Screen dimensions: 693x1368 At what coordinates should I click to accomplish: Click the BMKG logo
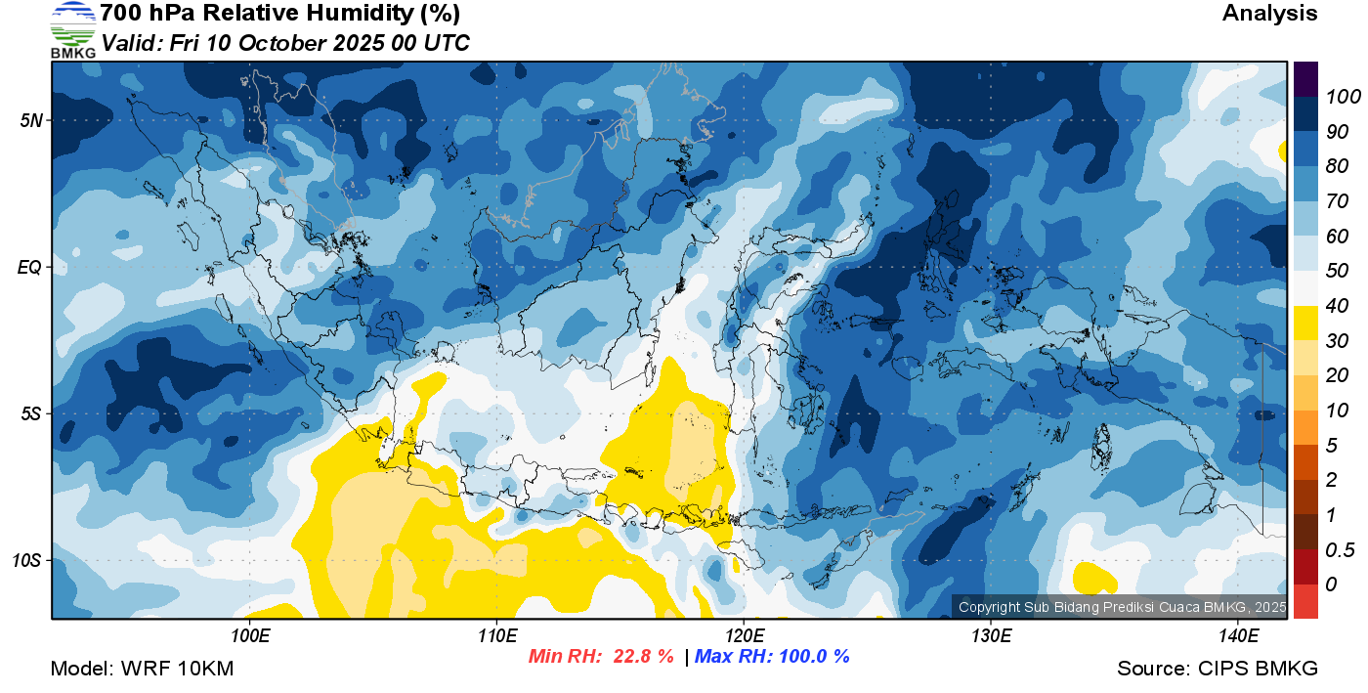(72, 29)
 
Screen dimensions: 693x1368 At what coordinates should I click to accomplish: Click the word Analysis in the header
(1269, 14)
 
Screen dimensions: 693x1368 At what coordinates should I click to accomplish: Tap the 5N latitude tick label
(30, 120)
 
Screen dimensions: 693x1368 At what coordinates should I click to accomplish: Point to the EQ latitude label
(29, 267)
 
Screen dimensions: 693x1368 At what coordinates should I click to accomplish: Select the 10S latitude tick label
(27, 560)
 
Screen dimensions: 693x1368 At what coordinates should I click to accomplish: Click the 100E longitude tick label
(249, 636)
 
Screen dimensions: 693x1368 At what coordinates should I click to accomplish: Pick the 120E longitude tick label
(744, 636)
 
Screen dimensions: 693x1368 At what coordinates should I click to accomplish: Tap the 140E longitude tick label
(1238, 636)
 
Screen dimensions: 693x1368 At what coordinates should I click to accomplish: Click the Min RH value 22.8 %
(643, 657)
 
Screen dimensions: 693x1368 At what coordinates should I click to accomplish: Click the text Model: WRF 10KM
(142, 670)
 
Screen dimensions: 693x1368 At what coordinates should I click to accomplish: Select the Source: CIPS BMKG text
(1218, 670)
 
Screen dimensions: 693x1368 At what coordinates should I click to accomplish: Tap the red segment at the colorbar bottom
(1306, 601)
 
